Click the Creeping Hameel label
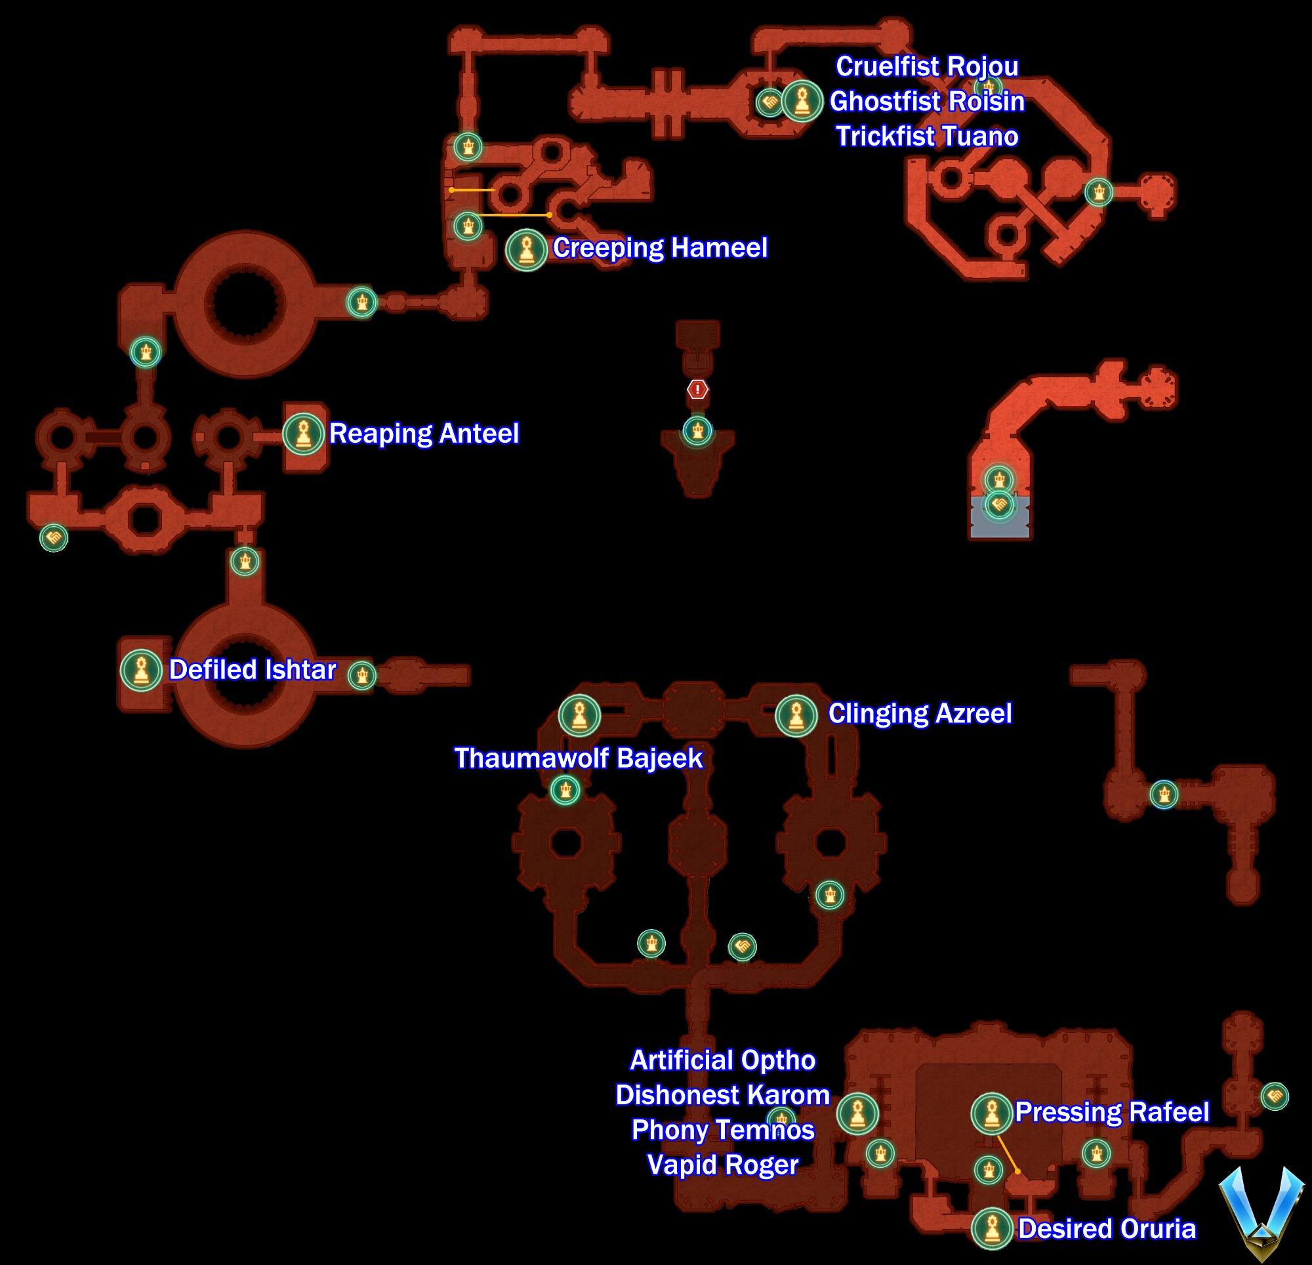click(660, 248)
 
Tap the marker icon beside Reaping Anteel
click(303, 433)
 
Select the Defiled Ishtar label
click(253, 670)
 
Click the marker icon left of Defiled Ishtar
click(141, 670)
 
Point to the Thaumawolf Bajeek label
click(579, 758)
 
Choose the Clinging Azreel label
click(920, 713)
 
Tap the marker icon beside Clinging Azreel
click(796, 715)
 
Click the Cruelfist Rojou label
click(927, 66)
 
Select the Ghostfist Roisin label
click(927, 101)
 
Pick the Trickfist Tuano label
click(927, 136)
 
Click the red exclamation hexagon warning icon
click(697, 389)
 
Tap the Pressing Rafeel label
click(1112, 1111)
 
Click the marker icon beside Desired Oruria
click(992, 1229)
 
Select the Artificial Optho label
click(723, 1060)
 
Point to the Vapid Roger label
click(723, 1165)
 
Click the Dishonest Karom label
click(723, 1095)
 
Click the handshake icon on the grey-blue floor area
click(998, 505)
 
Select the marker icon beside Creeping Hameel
click(526, 249)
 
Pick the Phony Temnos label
click(723, 1130)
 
